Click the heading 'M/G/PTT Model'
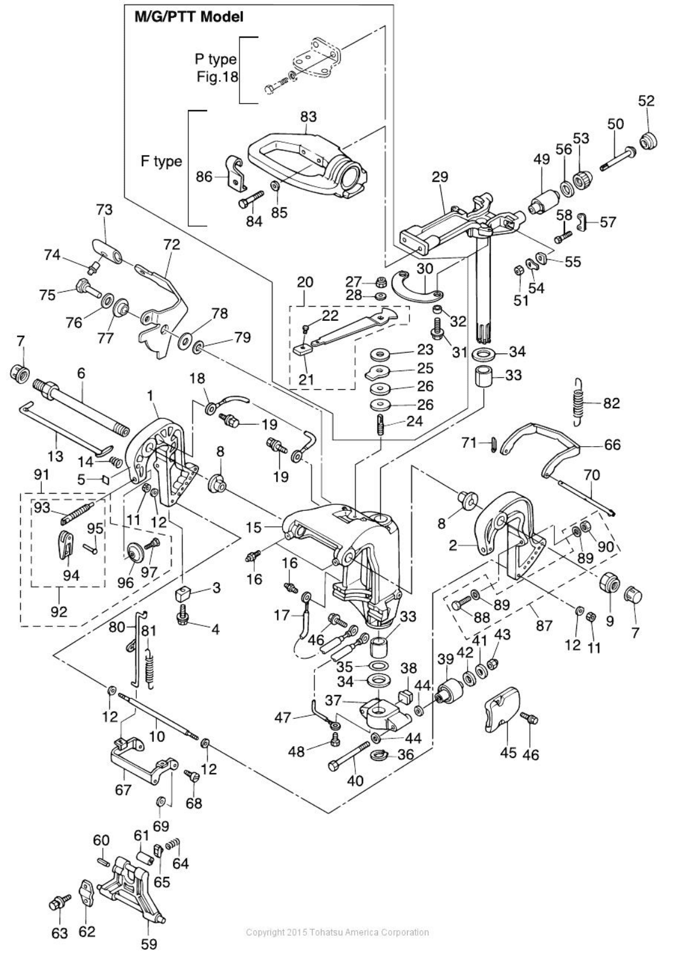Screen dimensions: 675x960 click(189, 17)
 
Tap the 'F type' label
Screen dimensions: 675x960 click(162, 162)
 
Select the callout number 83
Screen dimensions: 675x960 click(308, 116)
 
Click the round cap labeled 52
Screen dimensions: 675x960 click(648, 141)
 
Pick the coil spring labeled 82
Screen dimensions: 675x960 click(578, 402)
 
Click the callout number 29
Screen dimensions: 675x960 click(440, 176)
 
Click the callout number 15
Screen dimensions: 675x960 click(254, 527)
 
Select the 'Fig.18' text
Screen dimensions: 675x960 click(217, 77)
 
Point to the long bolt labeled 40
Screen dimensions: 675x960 click(349, 756)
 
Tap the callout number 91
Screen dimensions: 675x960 click(42, 475)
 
